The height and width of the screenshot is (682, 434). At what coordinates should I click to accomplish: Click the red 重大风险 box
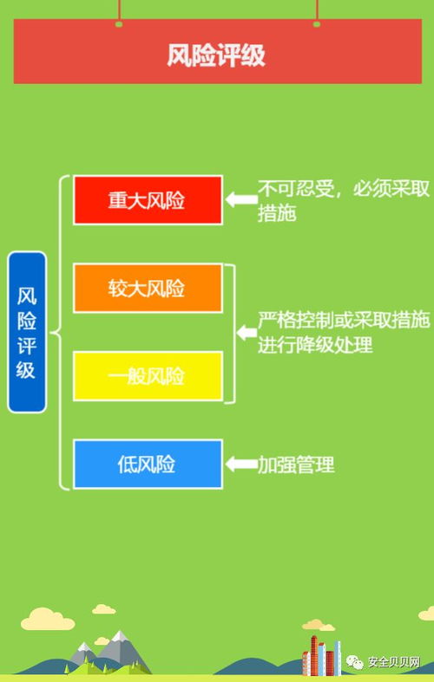[148, 199]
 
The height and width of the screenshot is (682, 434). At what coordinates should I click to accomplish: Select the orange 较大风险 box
[148, 288]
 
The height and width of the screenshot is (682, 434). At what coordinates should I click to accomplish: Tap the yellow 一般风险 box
[148, 376]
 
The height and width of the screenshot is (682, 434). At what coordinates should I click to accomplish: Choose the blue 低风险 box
[148, 464]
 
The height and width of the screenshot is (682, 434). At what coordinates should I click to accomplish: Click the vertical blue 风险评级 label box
[27, 332]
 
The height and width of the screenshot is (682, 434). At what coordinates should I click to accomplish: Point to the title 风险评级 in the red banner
[216, 55]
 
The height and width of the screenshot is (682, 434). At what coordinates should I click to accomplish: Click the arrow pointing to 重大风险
[241, 199]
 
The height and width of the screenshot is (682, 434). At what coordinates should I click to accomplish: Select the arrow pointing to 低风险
[241, 464]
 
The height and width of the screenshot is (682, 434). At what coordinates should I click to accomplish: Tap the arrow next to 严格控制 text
[247, 333]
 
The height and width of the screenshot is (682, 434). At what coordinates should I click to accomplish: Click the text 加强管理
[296, 464]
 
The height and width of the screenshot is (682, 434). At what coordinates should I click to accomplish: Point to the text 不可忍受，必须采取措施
[344, 201]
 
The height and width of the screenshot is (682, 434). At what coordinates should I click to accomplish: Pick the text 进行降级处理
[315, 346]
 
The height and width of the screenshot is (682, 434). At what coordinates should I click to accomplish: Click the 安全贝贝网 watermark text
[394, 662]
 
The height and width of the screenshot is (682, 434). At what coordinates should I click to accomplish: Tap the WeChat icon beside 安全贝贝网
[355, 662]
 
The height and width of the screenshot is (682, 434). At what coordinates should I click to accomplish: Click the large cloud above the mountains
[48, 619]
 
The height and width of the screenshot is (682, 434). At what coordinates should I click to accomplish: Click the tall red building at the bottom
[313, 655]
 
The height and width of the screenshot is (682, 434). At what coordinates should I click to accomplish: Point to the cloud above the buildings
[319, 625]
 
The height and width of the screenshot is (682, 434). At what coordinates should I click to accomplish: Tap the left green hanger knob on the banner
[119, 24]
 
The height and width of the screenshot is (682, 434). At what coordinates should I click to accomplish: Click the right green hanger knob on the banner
[317, 24]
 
